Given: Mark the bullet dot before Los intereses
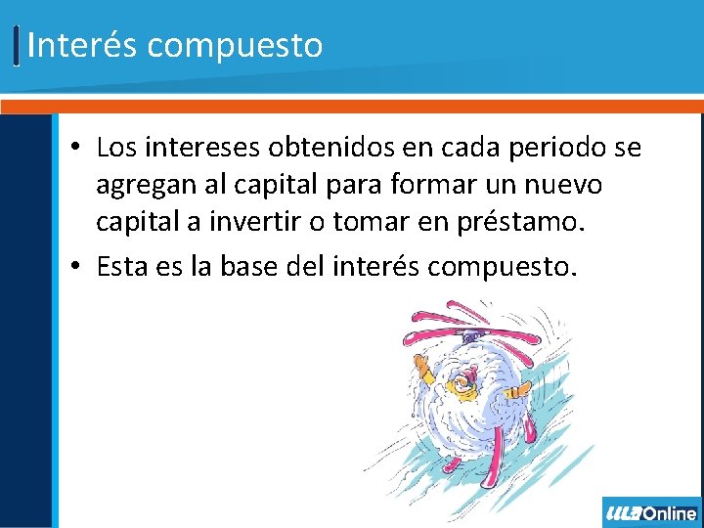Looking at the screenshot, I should click(x=75, y=149).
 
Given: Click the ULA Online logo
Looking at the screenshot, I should click(x=652, y=512).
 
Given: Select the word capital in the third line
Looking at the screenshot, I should click(x=137, y=221).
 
